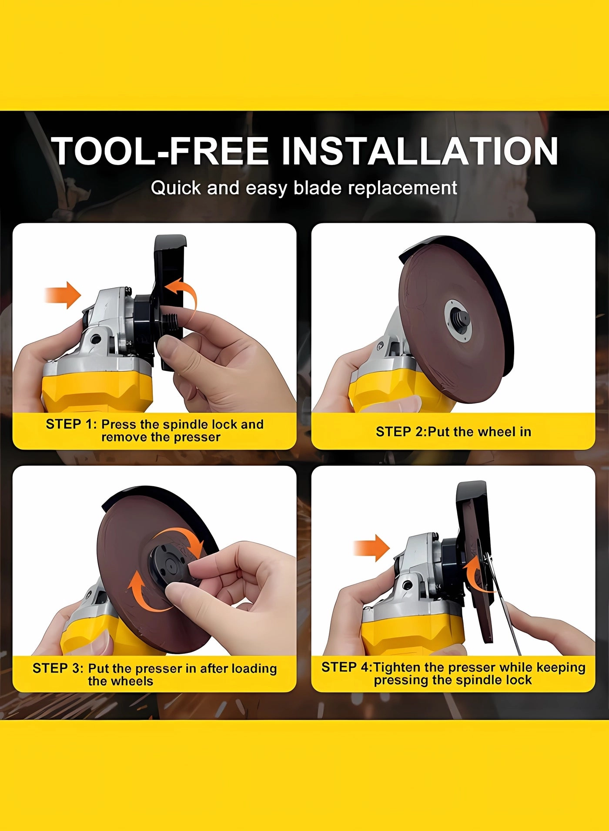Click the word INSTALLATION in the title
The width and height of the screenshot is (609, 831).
pos(420,151)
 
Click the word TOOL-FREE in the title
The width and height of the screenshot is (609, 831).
pos(160,151)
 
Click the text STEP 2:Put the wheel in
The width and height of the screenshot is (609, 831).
pos(453,431)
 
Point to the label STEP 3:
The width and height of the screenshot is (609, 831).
pos(58,668)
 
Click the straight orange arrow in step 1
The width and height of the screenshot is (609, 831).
pos(63,295)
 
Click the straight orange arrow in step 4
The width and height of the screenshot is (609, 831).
pos(371,548)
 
